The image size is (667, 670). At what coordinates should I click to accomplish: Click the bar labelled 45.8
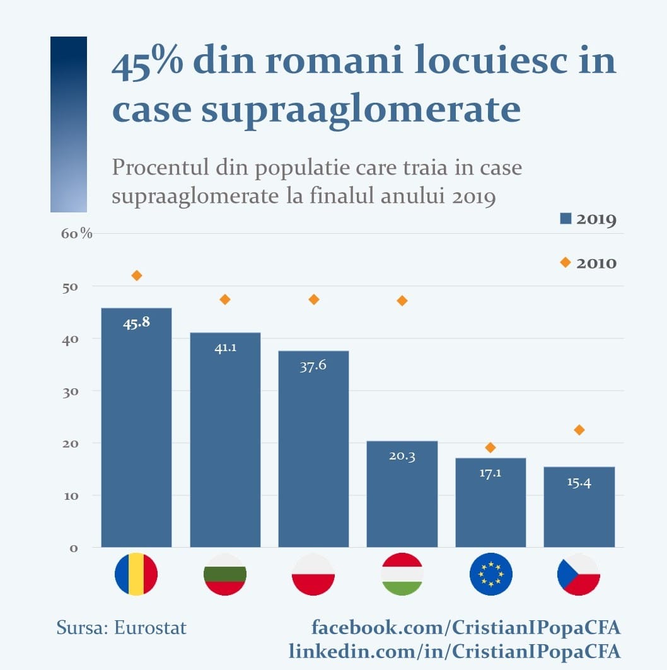136,429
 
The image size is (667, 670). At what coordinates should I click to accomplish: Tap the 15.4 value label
579,483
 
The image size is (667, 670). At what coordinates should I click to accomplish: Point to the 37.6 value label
313,366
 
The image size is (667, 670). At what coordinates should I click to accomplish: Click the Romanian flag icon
136,574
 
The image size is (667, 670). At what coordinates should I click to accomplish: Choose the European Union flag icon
490,574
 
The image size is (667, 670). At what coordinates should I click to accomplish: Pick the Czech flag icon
579,574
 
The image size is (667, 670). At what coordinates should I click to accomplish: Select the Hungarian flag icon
402,574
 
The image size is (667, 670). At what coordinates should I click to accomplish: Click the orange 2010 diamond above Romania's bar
137,275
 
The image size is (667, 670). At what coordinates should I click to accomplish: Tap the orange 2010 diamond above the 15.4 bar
579,430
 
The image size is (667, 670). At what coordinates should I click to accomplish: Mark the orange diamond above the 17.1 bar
490,448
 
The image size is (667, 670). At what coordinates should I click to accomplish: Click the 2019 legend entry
588,219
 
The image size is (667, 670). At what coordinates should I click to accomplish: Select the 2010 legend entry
588,263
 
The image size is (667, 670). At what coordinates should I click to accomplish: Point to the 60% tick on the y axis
77,234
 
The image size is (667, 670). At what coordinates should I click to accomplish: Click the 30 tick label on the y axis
69,391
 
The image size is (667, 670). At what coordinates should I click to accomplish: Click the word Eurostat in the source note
151,628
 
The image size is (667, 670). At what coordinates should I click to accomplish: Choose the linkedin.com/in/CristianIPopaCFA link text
455,650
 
